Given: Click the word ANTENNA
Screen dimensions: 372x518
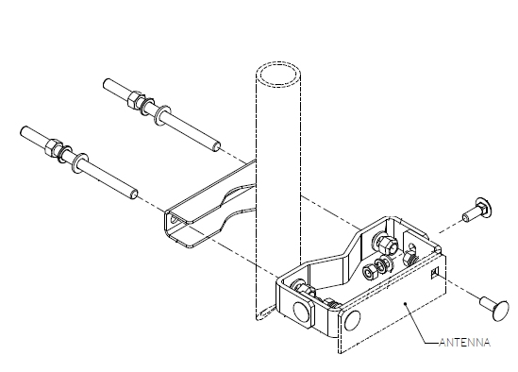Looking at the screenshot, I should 465,343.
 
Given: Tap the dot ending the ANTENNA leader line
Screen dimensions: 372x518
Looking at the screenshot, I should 404,304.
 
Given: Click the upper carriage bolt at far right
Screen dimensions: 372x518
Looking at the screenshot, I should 476,211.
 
